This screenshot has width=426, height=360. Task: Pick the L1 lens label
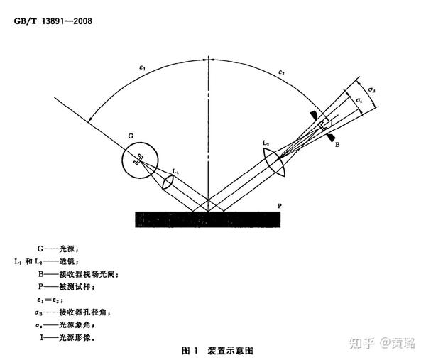tap(176, 171)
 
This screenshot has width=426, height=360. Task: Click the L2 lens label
tap(266, 144)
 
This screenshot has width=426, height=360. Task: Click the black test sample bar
tap(205, 219)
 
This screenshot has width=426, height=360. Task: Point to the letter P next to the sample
tap(282, 204)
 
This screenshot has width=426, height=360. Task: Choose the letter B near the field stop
tap(337, 144)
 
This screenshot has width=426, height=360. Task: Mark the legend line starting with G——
tap(62, 250)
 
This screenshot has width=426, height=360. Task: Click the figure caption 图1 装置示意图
tap(217, 350)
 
